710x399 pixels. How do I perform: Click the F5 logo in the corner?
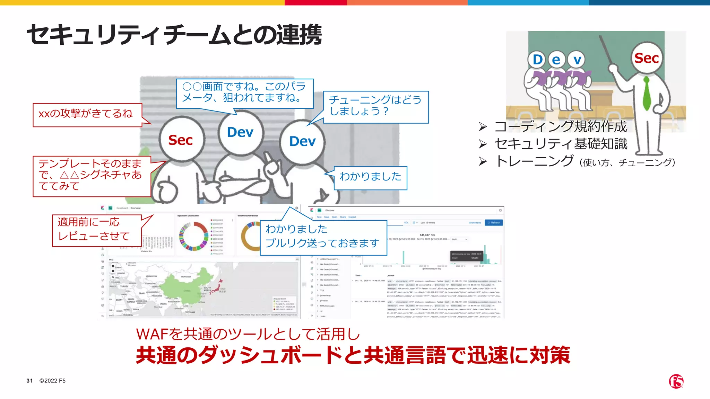tap(676, 381)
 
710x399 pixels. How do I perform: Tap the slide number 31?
tap(29, 381)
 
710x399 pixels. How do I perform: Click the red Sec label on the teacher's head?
tap(646, 58)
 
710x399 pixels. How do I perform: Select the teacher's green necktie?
tap(647, 94)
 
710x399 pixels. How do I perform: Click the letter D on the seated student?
tap(538, 60)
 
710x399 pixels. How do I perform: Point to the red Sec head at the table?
tap(181, 140)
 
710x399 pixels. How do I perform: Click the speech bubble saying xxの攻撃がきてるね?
tap(87, 115)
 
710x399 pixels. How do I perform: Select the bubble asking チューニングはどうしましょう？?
tap(375, 107)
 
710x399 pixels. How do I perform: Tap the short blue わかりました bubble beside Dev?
tap(370, 178)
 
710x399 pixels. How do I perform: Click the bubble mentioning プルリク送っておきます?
tap(323, 237)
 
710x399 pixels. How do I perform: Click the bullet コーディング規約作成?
tap(560, 126)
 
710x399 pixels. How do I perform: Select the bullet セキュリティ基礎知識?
tap(560, 144)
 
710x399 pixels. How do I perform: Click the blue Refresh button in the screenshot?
tap(494, 223)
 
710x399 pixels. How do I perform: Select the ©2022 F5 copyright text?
tap(52, 381)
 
